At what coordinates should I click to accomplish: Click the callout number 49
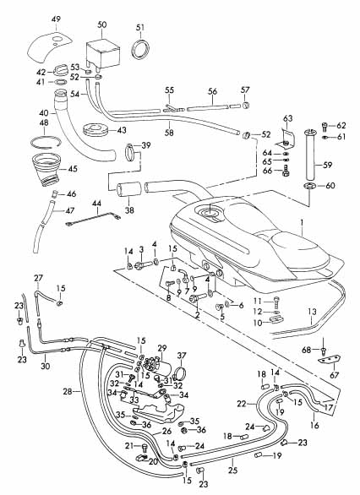pos(56,20)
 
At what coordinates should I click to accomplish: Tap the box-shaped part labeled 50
pos(103,54)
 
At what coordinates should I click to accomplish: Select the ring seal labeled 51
pos(140,49)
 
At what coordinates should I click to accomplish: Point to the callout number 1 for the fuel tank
pos(302,223)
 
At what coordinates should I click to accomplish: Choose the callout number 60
pos(330,186)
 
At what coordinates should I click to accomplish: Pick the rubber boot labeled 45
pos(46,171)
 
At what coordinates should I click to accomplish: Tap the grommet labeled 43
pos(95,131)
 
